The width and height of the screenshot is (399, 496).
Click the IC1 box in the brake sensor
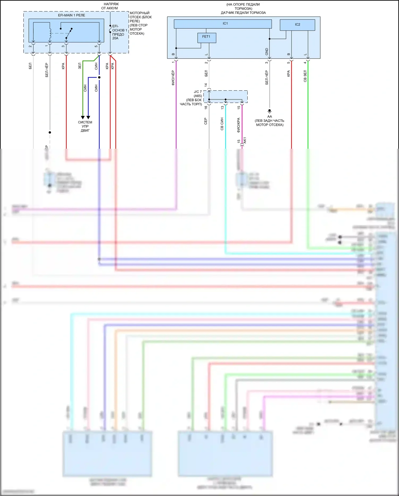coord(223,24)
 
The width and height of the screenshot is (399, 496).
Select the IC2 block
coord(297,25)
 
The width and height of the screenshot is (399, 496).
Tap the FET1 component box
coord(207,38)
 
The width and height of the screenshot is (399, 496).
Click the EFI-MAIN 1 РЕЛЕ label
coord(72,15)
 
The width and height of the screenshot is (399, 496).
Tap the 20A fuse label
coord(115,38)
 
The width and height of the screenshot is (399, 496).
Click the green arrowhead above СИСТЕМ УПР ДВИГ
coord(83,117)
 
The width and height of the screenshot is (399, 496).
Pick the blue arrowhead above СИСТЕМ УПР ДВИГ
coord(88,117)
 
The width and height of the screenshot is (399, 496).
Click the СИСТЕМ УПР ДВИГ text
coord(85,126)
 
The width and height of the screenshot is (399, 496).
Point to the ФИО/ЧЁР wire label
coord(173,78)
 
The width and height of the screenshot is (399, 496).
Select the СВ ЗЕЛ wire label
coord(305,76)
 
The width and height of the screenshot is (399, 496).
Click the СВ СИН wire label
coord(222,124)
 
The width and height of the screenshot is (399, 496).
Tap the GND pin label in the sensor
coord(267,52)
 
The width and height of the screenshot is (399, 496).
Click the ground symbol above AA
coord(269,111)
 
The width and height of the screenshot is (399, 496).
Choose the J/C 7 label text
coord(198,92)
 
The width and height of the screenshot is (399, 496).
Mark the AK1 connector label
coord(245,140)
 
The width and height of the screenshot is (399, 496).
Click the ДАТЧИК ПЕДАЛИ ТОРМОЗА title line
coord(243,13)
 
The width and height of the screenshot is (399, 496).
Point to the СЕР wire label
coord(206,121)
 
